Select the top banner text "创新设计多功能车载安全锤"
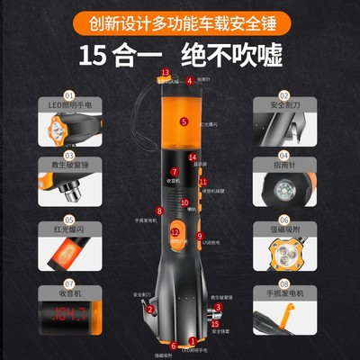(180, 19)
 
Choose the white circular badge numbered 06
(284, 219)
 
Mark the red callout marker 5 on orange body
(184, 120)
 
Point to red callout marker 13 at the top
(165, 71)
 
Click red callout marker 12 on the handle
(175, 231)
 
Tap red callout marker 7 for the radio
(175, 171)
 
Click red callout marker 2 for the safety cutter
(149, 309)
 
